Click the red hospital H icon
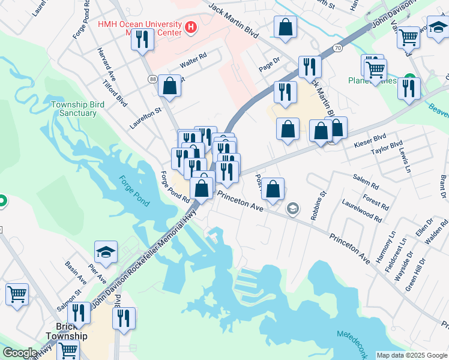[191, 26]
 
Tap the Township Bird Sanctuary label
[74, 109]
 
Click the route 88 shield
[153, 79]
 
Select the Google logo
[19, 353]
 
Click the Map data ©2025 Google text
[412, 355]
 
